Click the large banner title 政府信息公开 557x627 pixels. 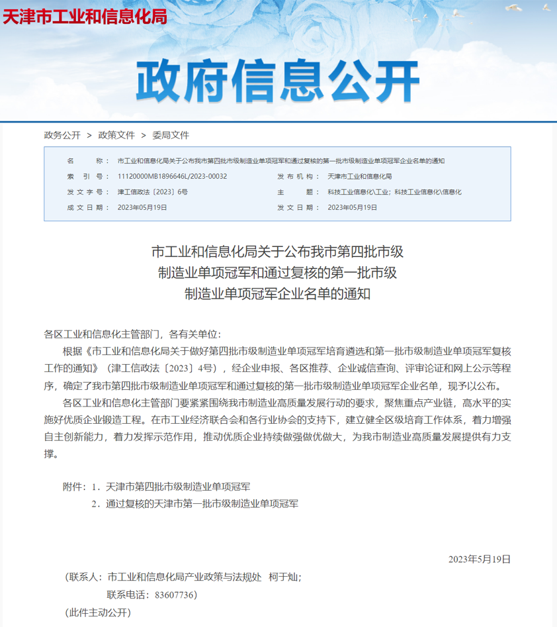[x=278, y=82]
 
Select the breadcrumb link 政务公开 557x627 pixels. [x=62, y=135]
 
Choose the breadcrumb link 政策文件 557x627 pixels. [x=116, y=135]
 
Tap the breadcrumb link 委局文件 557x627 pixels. [x=171, y=135]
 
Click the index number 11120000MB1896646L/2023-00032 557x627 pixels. [x=172, y=176]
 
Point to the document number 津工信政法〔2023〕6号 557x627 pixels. [x=153, y=191]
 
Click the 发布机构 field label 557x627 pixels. [x=294, y=176]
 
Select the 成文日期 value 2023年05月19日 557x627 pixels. [x=142, y=207]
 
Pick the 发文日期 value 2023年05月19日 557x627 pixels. [x=353, y=207]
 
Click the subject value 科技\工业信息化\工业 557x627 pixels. [x=358, y=191]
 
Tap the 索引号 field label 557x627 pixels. [x=84, y=176]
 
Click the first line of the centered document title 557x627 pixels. [x=278, y=252]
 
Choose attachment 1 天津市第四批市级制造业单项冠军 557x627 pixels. [x=178, y=487]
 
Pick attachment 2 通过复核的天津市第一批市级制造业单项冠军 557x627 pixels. [x=202, y=504]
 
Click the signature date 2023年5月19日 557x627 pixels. [x=480, y=559]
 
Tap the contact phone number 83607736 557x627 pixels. [x=175, y=595]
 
